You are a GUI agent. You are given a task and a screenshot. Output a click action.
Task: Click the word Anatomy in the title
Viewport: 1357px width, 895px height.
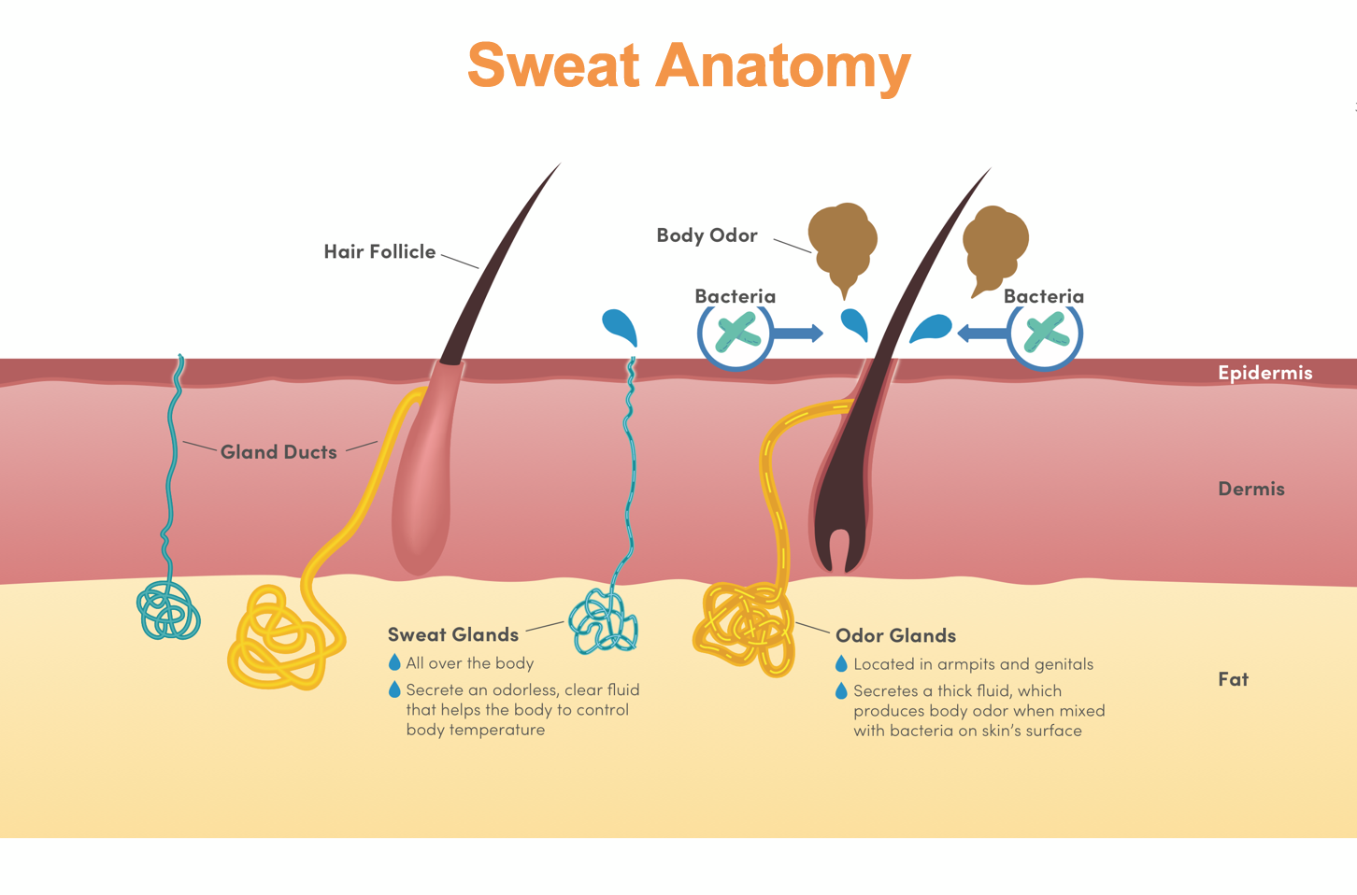click(782, 67)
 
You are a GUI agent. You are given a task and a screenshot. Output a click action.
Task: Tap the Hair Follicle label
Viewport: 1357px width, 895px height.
click(379, 251)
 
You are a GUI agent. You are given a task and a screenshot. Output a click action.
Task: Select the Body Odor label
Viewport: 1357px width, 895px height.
click(707, 235)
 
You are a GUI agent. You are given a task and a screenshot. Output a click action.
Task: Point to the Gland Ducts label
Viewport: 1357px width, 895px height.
click(279, 452)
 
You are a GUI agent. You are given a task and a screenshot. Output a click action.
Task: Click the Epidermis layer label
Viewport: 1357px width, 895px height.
click(1264, 373)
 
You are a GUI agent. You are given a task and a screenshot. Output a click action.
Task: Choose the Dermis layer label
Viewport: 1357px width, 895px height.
click(1250, 489)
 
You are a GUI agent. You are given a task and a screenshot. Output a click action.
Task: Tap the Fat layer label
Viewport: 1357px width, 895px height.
click(1233, 679)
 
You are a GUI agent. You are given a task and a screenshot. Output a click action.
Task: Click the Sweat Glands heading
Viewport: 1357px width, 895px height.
click(453, 634)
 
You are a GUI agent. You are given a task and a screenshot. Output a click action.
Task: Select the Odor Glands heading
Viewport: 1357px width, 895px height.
click(895, 635)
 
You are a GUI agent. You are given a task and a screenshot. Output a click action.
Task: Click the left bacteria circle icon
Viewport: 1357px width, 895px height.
click(736, 334)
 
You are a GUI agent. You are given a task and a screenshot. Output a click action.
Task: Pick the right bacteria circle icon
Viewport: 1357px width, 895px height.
click(1045, 334)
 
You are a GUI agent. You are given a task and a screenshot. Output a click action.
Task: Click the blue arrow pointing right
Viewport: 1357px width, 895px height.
click(799, 333)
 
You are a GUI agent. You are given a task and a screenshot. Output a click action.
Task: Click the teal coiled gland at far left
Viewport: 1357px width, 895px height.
click(169, 612)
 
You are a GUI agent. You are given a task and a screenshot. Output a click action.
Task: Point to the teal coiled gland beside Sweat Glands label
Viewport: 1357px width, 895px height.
click(604, 621)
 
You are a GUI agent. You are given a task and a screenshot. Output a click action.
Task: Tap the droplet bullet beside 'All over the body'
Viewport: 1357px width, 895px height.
click(394, 662)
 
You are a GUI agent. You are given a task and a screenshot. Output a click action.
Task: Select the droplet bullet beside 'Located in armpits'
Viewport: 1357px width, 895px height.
click(841, 663)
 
